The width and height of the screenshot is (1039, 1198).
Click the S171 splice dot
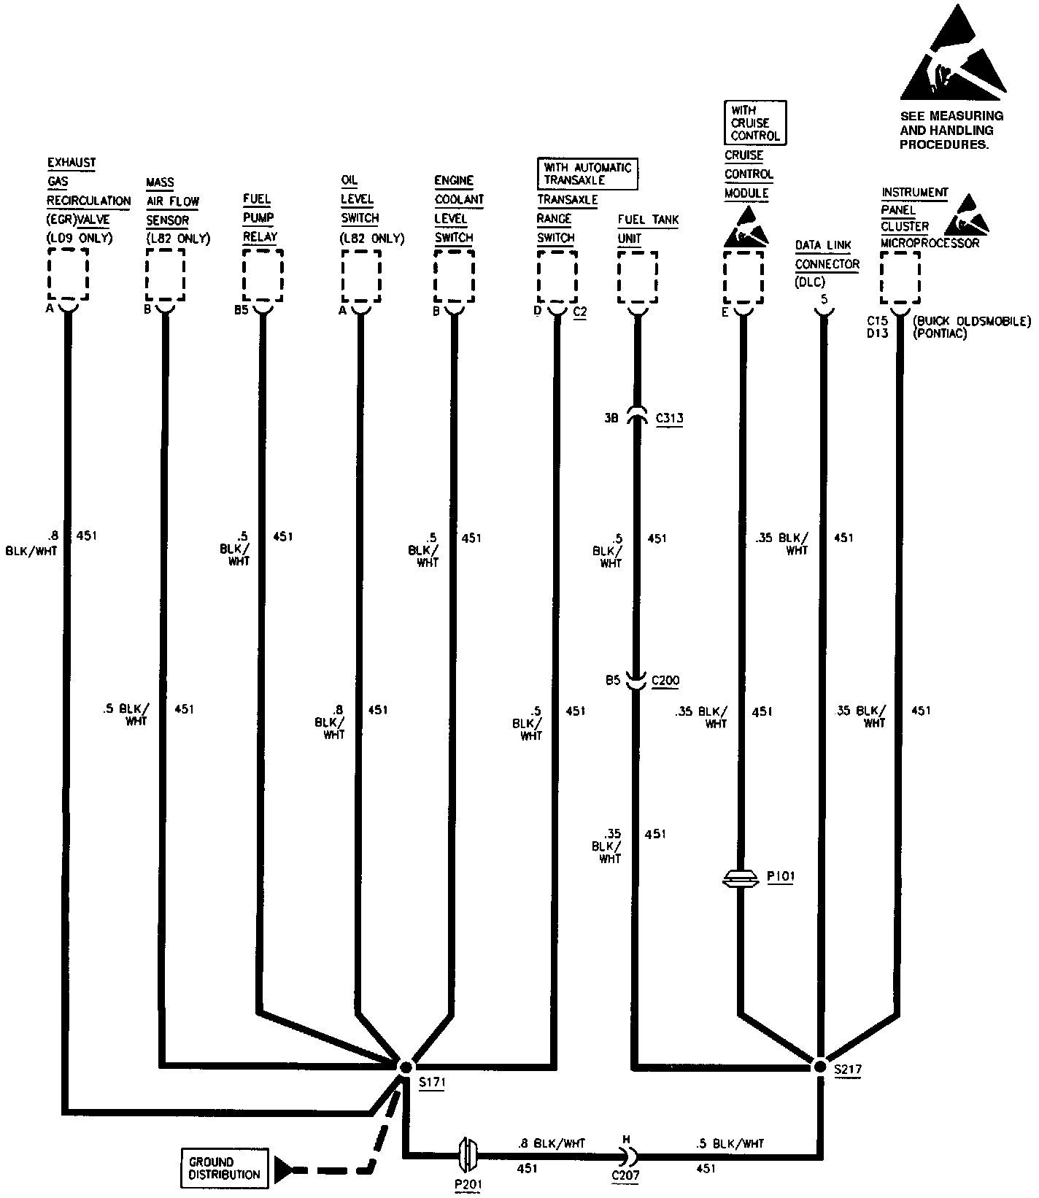pyautogui.click(x=406, y=1067)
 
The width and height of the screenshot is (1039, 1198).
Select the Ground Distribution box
pyautogui.click(x=224, y=1168)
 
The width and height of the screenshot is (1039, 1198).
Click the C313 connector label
pyautogui.click(x=669, y=418)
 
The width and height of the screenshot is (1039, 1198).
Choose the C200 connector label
pyautogui.click(x=665, y=681)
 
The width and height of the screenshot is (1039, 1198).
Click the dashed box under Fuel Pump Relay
pyautogui.click(x=262, y=276)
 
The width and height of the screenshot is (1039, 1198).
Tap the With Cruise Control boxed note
pyautogui.click(x=755, y=123)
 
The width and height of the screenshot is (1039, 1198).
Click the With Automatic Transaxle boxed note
pyautogui.click(x=587, y=174)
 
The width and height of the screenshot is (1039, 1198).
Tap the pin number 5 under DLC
pyautogui.click(x=824, y=299)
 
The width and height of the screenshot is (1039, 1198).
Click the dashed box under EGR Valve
pyautogui.click(x=68, y=274)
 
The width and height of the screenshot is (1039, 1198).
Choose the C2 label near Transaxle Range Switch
pyautogui.click(x=580, y=312)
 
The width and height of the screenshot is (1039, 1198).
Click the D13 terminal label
pyautogui.click(x=878, y=333)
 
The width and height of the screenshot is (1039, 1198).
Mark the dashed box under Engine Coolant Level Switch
pyautogui.click(x=454, y=276)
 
